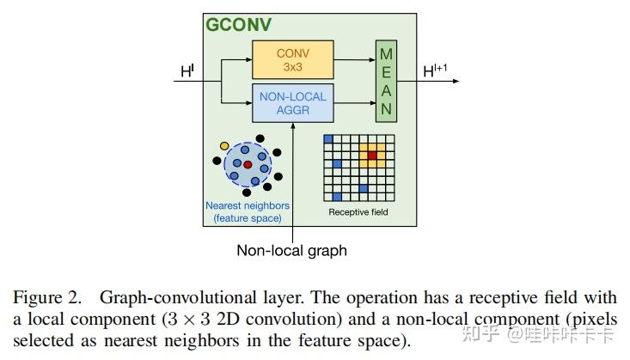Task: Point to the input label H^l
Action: click(x=187, y=72)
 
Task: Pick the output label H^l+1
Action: click(x=436, y=72)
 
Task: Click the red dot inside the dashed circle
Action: click(x=247, y=164)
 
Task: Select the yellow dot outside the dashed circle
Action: click(x=224, y=147)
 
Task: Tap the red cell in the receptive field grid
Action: click(x=372, y=156)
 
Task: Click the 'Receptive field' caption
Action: click(x=358, y=211)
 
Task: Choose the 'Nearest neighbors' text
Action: click(x=248, y=206)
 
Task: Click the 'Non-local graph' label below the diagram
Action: click(x=291, y=251)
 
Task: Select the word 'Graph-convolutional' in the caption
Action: click(x=161, y=298)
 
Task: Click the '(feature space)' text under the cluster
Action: click(x=248, y=218)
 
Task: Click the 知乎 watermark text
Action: click(x=485, y=335)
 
